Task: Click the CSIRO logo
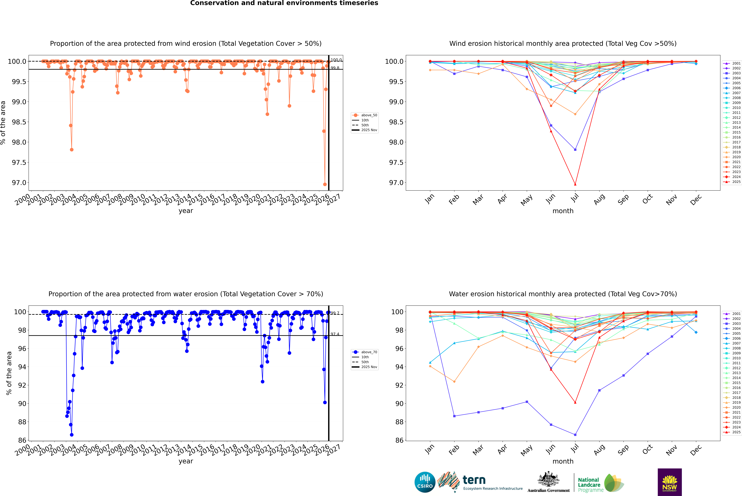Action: point(425,482)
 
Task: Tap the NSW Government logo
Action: point(670,482)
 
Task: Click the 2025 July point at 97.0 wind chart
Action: point(575,184)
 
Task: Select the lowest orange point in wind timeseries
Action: point(325,184)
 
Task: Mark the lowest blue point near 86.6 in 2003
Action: point(72,435)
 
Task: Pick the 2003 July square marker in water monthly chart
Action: point(575,435)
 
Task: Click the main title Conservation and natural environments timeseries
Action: point(284,3)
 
